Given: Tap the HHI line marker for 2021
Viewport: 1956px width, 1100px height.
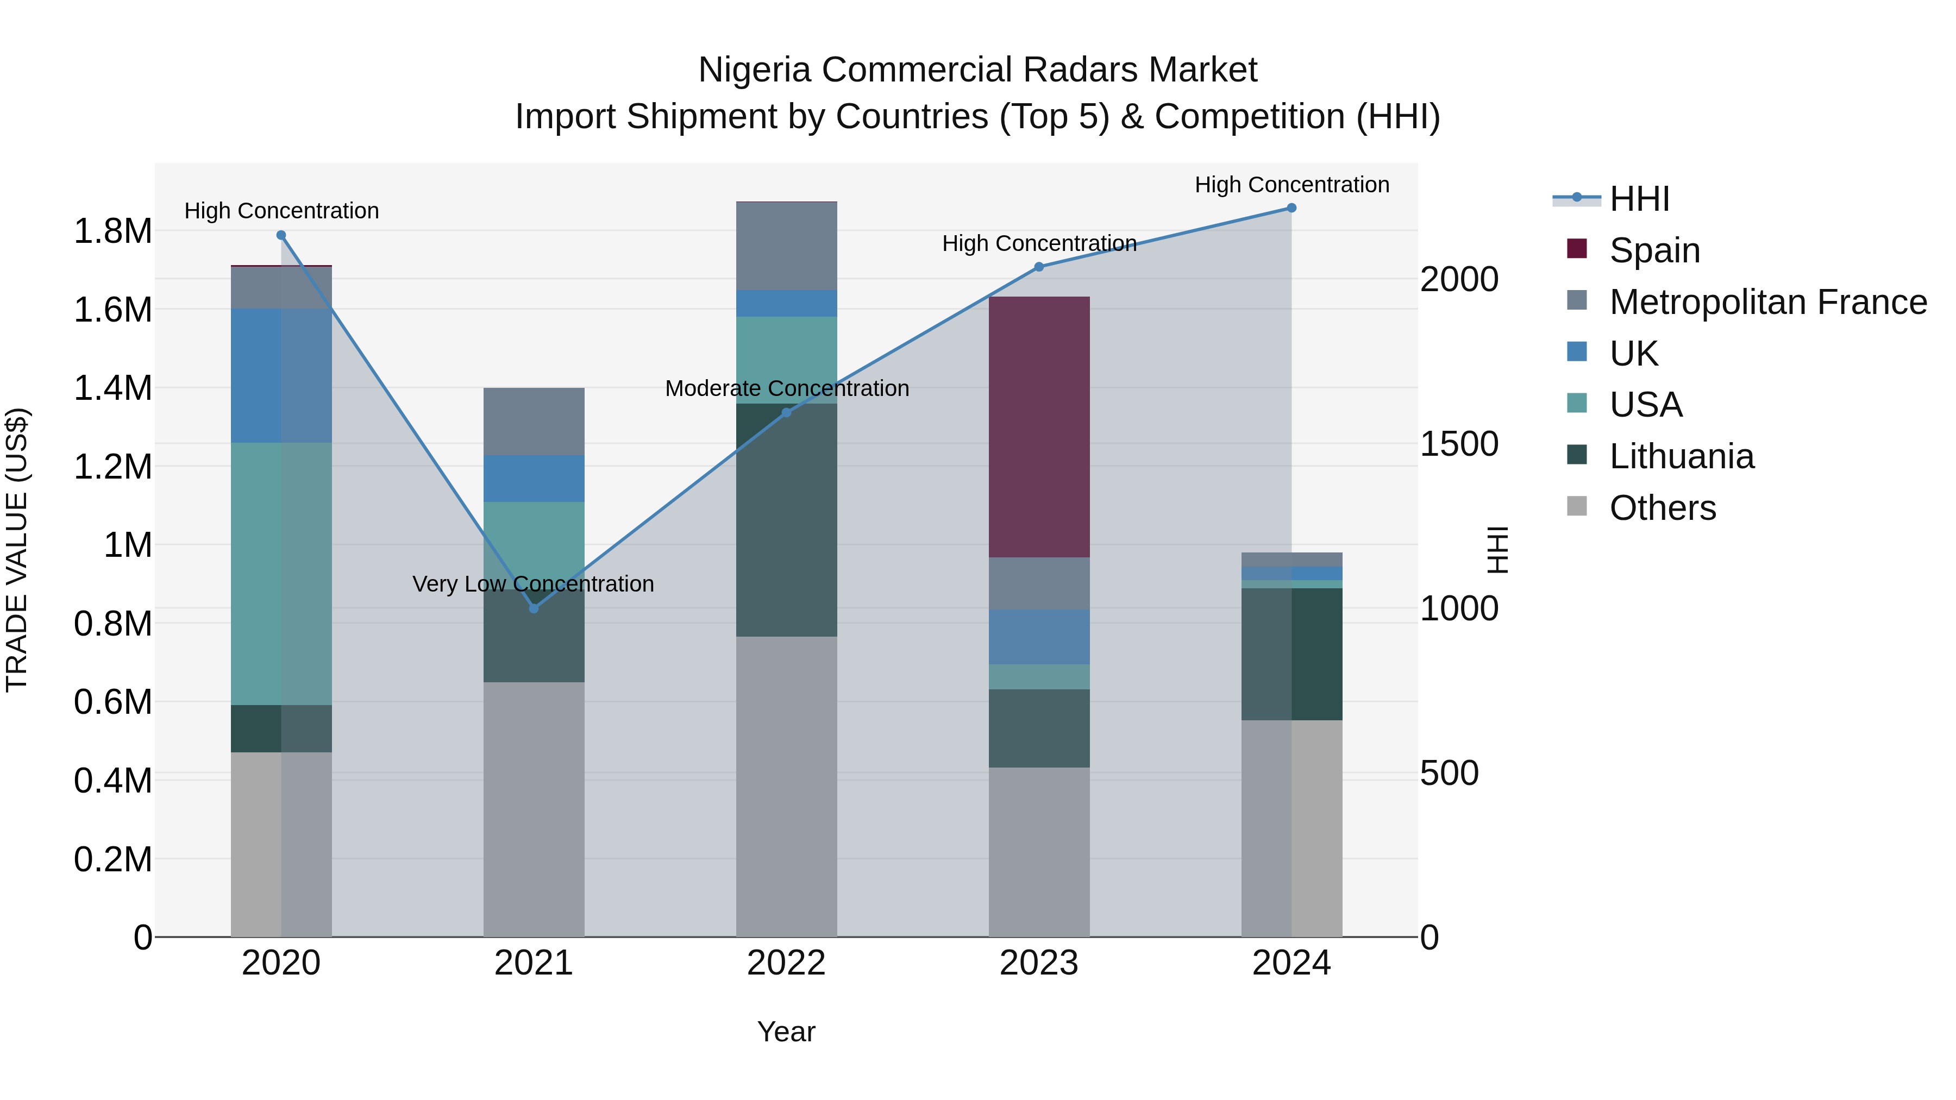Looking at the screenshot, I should pos(534,608).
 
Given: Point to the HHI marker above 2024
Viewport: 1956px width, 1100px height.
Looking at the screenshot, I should pos(1292,208).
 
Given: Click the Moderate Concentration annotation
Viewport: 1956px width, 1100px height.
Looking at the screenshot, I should pos(787,389).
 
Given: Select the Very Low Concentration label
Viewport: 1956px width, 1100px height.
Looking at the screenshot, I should pos(533,584).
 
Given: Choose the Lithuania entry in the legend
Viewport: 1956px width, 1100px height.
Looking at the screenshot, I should pos(1681,456).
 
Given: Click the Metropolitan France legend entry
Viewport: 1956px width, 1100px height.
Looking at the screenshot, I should pos(1767,302).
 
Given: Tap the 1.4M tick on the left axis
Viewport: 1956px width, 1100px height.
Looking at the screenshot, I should pos(112,388).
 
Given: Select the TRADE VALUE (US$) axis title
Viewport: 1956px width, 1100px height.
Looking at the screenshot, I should pos(17,550).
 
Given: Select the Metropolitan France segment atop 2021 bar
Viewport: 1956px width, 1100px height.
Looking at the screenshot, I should pos(534,422).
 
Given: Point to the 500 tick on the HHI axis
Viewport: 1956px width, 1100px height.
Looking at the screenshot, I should pos(1449,774).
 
